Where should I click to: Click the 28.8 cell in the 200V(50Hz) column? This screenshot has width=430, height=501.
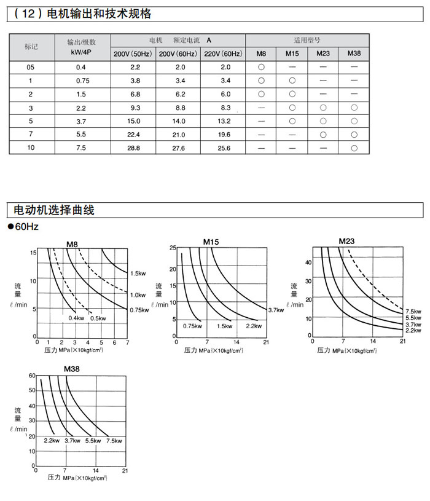point(135,148)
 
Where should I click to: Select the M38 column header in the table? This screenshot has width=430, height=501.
point(354,53)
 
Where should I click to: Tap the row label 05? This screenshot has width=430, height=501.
point(31,66)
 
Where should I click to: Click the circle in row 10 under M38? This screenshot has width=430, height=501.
point(354,148)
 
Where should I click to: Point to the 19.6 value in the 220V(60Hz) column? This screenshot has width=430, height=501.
point(224,135)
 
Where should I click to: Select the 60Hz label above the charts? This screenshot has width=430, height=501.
point(26,227)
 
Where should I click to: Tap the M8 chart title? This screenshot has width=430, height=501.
point(73,245)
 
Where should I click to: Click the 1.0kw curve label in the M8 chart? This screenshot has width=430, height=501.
point(138,295)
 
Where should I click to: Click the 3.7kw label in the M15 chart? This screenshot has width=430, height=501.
point(276,310)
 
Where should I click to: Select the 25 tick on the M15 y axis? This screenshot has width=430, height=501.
point(173,247)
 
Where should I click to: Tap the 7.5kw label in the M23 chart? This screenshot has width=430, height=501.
point(414,312)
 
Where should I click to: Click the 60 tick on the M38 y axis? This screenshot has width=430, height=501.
point(31,375)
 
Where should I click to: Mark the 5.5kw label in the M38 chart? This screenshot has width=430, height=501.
point(93,441)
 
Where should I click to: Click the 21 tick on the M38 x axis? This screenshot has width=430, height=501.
point(125,471)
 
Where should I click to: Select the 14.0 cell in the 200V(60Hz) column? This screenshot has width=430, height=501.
point(178,121)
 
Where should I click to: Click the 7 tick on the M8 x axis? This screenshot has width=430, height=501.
point(127,342)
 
